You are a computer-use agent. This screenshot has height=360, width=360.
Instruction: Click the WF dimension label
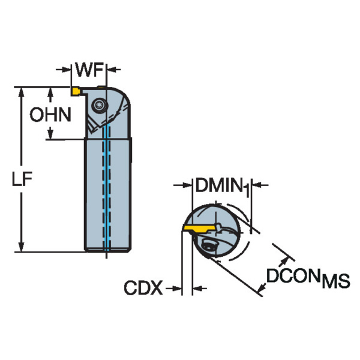pos(89,70)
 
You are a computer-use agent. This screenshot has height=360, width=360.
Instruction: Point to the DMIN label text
pos(218,186)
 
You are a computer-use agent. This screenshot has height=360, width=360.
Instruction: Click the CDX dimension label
pos(143,289)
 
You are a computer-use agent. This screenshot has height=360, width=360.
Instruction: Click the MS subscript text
pos(335,282)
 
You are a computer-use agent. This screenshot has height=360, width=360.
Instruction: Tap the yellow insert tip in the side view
pos(77,91)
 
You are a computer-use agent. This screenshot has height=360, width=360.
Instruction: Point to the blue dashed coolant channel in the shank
pos(107,192)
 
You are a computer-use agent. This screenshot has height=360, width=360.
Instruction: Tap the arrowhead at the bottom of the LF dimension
pos(22,247)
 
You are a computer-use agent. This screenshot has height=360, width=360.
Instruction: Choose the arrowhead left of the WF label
pos(68,70)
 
